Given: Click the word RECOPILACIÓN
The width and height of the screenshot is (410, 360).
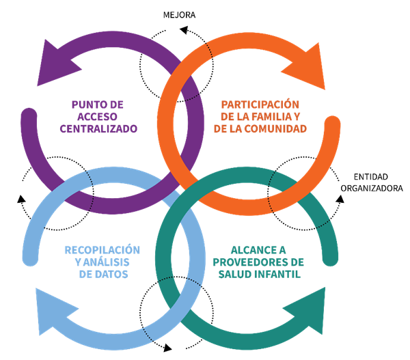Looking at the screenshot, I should pyautogui.click(x=102, y=250).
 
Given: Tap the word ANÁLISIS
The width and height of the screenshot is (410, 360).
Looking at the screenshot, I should pyautogui.click(x=111, y=262).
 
